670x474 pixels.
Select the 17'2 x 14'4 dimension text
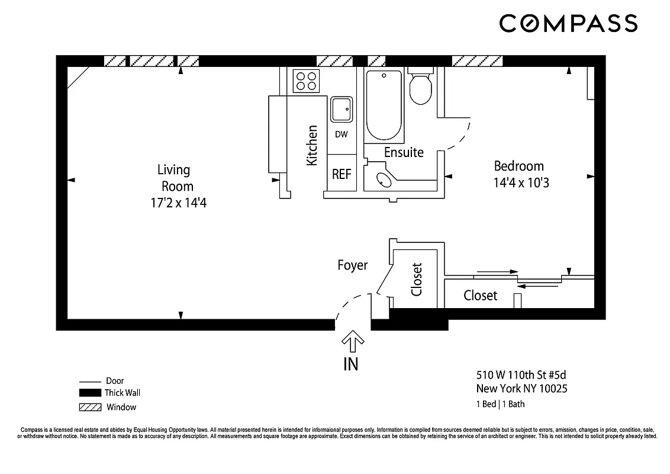(x=178, y=203)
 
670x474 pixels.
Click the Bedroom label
(x=518, y=166)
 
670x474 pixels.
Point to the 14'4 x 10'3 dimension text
(x=521, y=183)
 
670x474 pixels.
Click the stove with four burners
(x=306, y=81)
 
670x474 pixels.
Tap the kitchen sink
(x=342, y=110)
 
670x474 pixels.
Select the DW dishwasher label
(x=342, y=134)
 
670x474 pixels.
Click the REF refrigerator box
(x=342, y=174)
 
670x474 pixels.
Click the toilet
(x=420, y=89)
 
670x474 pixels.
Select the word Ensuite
(x=404, y=152)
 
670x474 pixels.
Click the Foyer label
(x=353, y=265)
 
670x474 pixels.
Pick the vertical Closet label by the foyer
(x=417, y=279)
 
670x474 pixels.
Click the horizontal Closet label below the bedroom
(x=480, y=295)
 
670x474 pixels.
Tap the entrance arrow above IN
(x=353, y=341)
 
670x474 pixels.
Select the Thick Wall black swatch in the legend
(x=89, y=393)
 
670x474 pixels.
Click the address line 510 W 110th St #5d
(x=517, y=375)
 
